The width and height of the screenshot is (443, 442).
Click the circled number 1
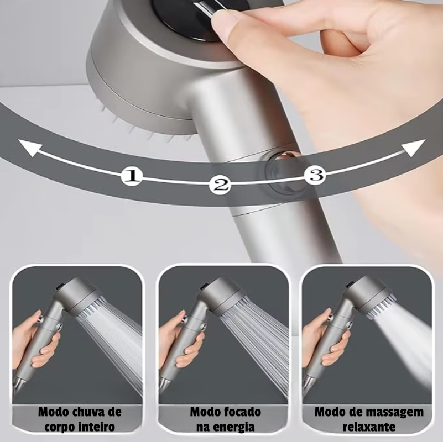coord(132,176)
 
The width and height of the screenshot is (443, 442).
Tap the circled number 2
coord(220,185)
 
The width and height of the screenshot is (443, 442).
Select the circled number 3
coord(315,175)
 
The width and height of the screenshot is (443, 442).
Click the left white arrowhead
coord(30,148)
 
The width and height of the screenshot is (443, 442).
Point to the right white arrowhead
coord(414,148)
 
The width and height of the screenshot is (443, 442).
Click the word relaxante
coord(369,427)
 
